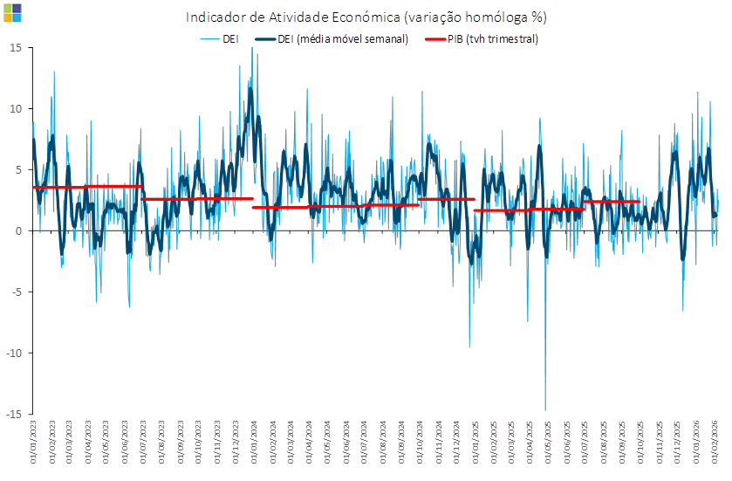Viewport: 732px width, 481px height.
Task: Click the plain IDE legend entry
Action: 222,39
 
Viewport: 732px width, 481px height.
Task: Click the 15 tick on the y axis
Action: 17,47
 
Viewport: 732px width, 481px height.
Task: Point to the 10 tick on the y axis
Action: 17,108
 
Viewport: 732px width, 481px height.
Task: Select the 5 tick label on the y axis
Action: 18,169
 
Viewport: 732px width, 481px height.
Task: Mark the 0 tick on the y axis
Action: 18,230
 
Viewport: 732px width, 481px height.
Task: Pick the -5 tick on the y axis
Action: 17,292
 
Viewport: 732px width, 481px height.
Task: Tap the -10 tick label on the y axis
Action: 14,353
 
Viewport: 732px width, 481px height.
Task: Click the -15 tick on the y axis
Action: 14,414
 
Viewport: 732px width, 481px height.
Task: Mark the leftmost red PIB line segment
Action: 59,188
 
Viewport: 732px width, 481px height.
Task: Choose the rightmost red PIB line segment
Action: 612,203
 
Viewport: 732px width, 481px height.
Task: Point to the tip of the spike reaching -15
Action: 545,410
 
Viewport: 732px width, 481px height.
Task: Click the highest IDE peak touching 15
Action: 252,50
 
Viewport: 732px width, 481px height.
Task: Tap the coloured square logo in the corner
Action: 12,12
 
